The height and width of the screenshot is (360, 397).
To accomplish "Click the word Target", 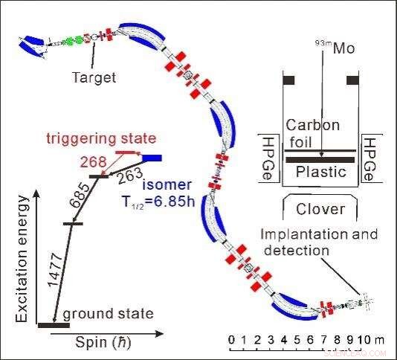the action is pyautogui.click(x=94, y=77).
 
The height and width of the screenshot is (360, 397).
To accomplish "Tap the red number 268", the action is pyautogui.click(x=93, y=161).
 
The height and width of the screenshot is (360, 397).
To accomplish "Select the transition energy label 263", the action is pyautogui.click(x=130, y=176).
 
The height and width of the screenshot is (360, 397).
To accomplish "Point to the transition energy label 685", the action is pyautogui.click(x=80, y=196).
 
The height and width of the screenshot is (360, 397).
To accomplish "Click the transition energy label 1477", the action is pyautogui.click(x=55, y=269).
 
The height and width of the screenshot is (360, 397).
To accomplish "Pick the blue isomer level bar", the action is pyautogui.click(x=152, y=158).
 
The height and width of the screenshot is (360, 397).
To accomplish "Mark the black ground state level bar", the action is pyautogui.click(x=54, y=325).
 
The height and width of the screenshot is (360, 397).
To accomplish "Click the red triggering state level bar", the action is pyautogui.click(x=125, y=152).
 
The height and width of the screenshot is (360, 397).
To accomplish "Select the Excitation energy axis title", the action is pyautogui.click(x=22, y=259).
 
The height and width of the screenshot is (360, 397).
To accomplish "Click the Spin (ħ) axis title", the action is pyautogui.click(x=103, y=343).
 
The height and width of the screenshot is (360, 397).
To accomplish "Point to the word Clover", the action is pyautogui.click(x=320, y=209).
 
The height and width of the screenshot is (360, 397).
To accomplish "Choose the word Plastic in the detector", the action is pyautogui.click(x=321, y=172).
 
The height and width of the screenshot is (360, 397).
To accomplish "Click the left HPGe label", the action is pyautogui.click(x=267, y=158).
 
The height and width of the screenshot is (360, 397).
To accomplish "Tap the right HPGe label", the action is pyautogui.click(x=369, y=159).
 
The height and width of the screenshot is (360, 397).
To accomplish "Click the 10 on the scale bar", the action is pyautogui.click(x=365, y=340).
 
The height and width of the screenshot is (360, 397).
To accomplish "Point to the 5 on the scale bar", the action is pyautogui.click(x=297, y=340).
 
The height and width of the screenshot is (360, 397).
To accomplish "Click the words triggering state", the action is pyautogui.click(x=101, y=138).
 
